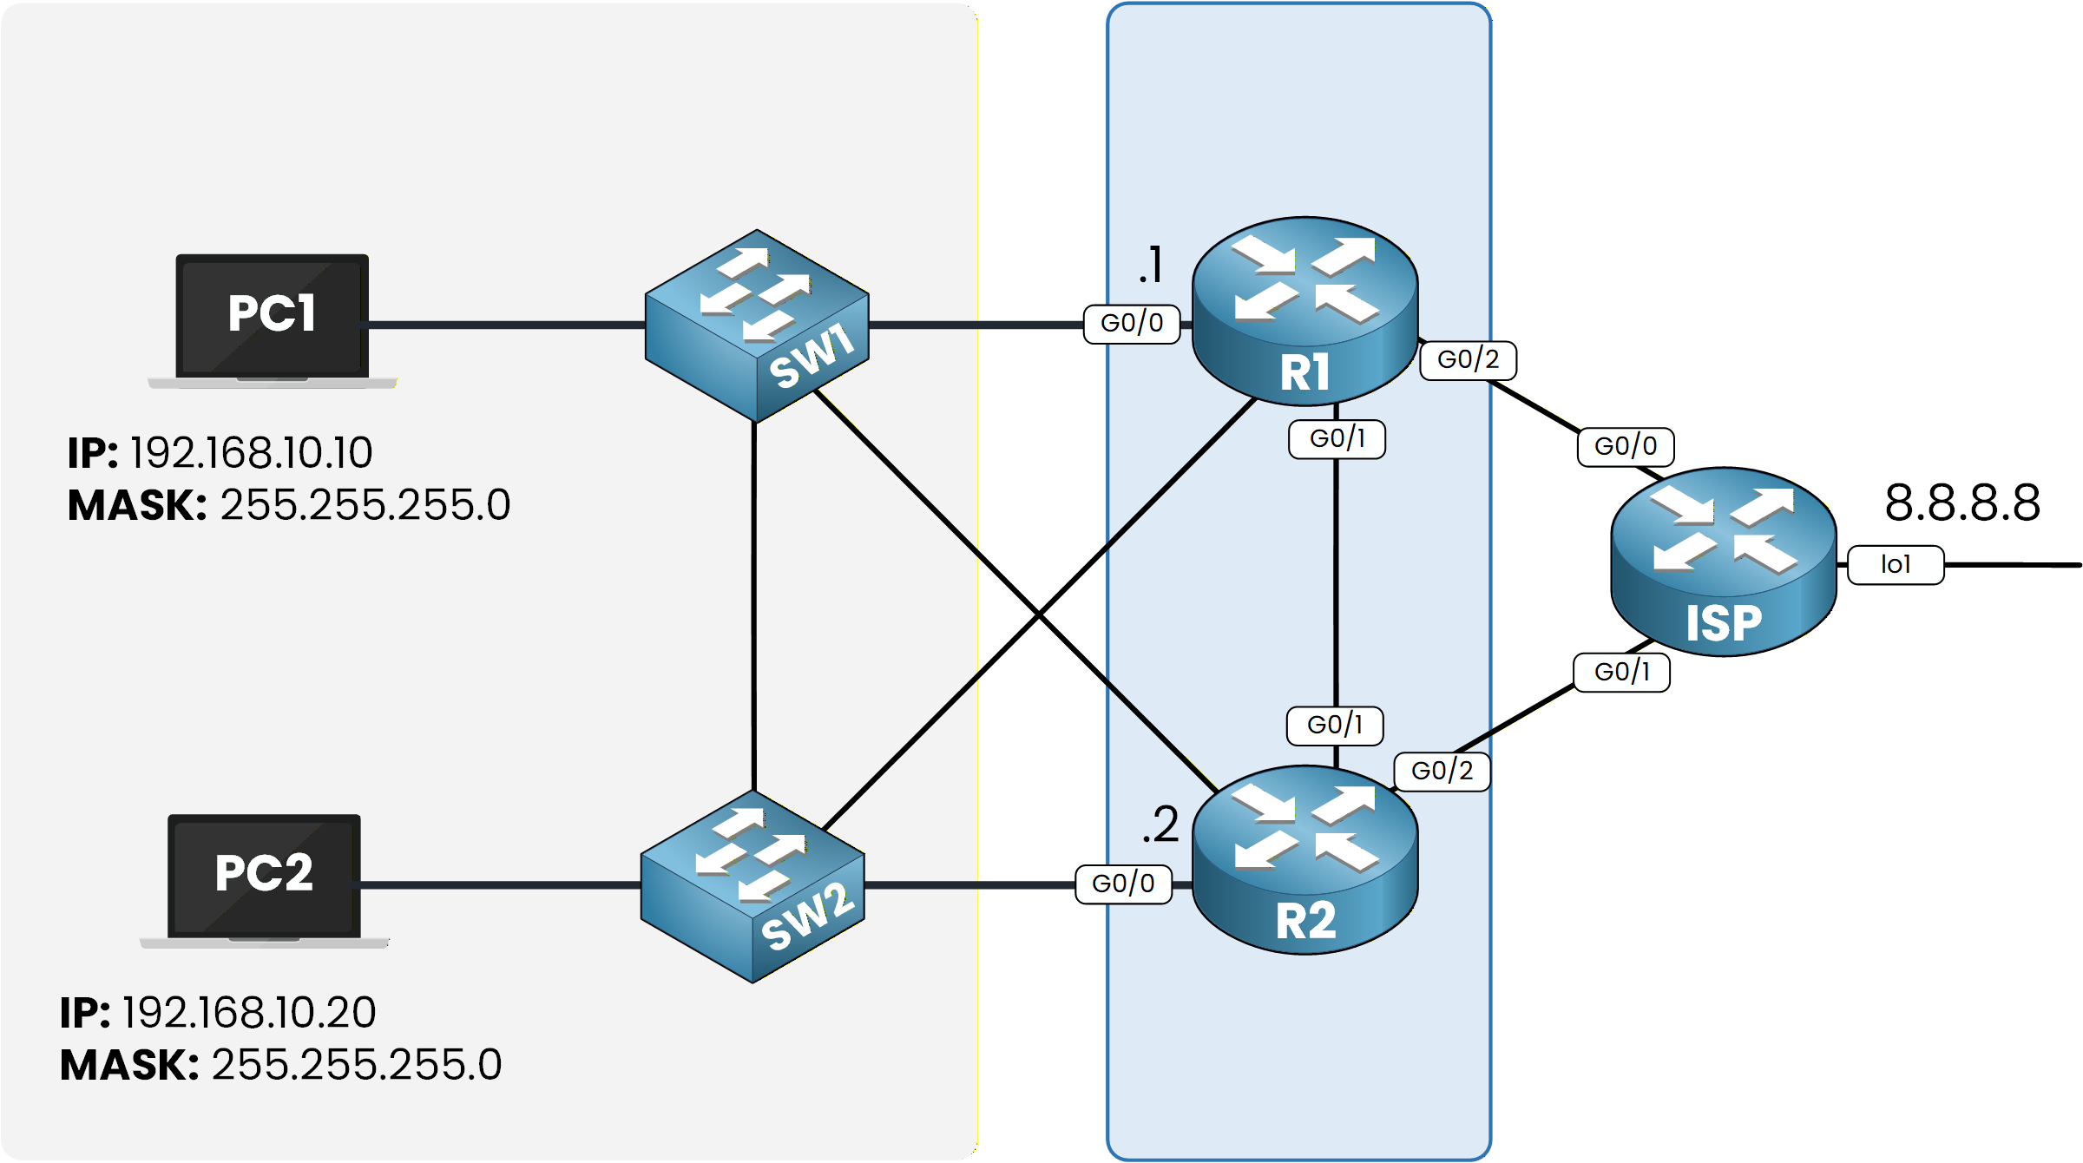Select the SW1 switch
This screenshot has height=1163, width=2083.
coord(757,325)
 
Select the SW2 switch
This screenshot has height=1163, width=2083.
coord(752,886)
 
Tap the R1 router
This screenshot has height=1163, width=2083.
coord(1304,311)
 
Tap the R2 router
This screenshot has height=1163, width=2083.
coord(1304,859)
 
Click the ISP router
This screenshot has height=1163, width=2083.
coord(1723,562)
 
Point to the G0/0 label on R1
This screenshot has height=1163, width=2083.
coord(1132,324)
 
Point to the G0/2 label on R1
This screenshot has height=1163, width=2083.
coord(1468,360)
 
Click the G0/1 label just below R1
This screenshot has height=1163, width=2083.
coord(1337,439)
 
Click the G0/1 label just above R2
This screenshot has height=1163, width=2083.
coord(1335,726)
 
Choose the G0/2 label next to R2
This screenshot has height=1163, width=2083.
coord(1442,772)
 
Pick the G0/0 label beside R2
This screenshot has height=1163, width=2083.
coord(1123,884)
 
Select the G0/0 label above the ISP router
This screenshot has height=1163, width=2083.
coord(1626,447)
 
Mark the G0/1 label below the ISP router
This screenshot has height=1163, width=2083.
coord(1621,673)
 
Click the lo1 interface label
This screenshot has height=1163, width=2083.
coord(1896,565)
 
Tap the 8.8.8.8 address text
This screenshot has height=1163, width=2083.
coord(1961,503)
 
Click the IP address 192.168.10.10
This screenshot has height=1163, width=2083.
coord(252,453)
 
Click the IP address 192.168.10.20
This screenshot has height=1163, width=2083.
coord(249,1013)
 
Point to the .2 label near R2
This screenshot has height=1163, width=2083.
coord(1160,825)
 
